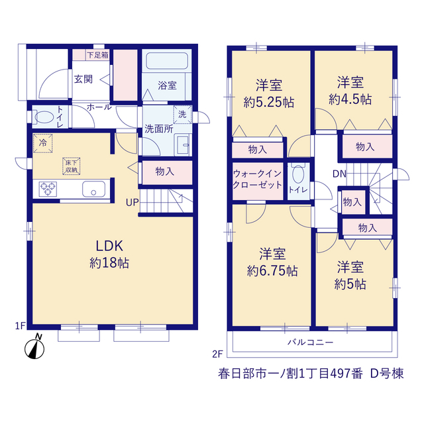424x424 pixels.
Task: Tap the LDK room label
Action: tap(109, 246)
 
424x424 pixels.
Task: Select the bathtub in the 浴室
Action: tap(167, 61)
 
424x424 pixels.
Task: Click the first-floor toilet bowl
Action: tap(44, 117)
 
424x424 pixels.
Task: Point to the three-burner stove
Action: tap(48, 189)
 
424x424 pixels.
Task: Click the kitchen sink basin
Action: tap(93, 189)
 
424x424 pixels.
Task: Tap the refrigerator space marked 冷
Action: tap(42, 143)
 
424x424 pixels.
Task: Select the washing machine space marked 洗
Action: tap(183, 115)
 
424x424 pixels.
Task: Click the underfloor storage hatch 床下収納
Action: tap(72, 166)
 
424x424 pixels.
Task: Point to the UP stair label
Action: tap(132, 203)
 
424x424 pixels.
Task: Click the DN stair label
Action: tap(339, 174)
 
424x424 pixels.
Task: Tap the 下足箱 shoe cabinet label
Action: tap(97, 55)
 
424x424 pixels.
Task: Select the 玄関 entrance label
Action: tap(83, 79)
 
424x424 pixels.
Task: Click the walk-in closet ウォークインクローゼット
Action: tap(258, 181)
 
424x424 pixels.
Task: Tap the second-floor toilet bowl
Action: tap(298, 174)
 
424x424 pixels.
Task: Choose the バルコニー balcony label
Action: tap(311, 343)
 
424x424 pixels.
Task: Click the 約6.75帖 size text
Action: tap(272, 271)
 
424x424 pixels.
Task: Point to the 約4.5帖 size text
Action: tap(350, 99)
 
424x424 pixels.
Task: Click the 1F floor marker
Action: tap(21, 326)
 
